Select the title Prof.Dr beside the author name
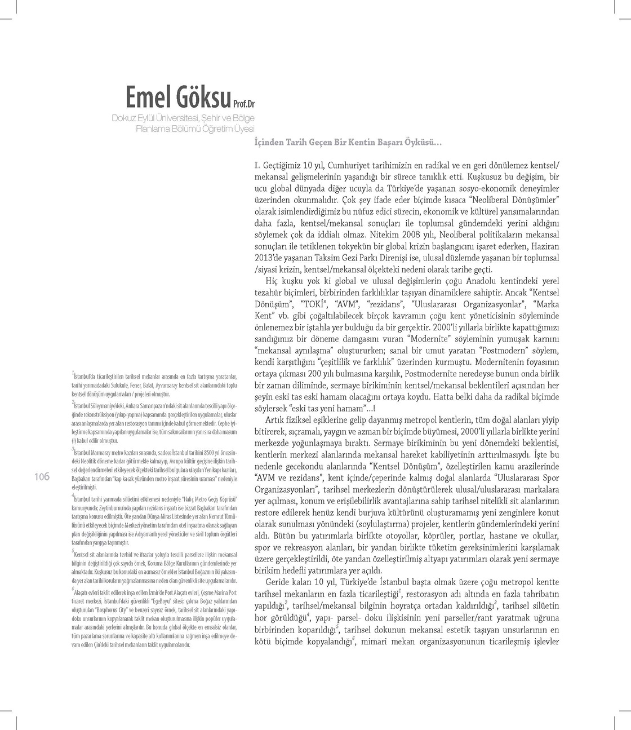[244, 104]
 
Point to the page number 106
[42, 477]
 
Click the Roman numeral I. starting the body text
[257, 165]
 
